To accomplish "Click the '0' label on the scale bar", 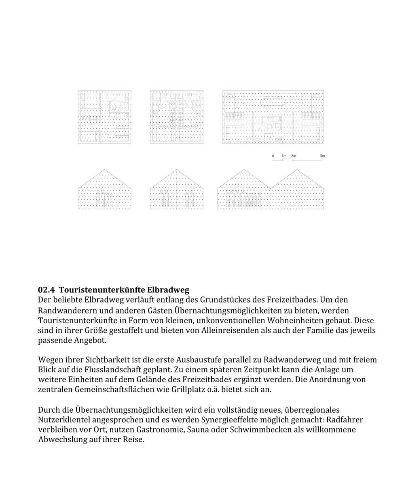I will pos(273,156).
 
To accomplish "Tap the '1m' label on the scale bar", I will pos(284,156).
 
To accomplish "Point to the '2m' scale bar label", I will pos(293,156).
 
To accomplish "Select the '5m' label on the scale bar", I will pos(322,156).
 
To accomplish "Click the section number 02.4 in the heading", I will pos(46,290).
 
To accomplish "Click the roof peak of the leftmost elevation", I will pos(105,170).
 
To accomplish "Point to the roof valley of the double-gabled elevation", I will pos(270,188).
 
